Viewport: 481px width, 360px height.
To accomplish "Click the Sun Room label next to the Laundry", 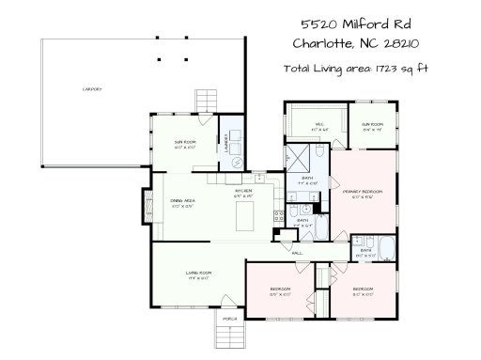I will tap(184, 144).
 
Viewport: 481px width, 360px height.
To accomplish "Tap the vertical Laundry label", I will tap(226, 143).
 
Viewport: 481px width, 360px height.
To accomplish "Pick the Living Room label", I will tap(197, 274).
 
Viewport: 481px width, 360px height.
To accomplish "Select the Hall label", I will tap(297, 253).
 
